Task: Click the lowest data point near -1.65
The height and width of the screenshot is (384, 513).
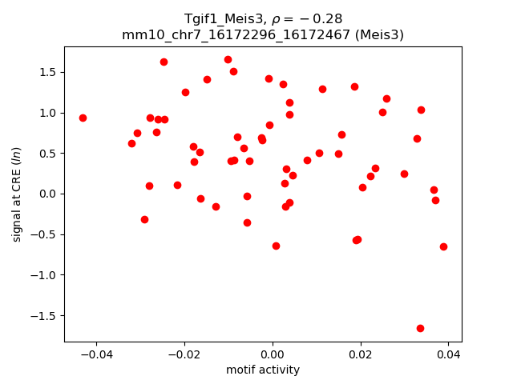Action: coord(420,328)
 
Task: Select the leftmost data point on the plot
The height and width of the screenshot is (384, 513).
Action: coord(83,118)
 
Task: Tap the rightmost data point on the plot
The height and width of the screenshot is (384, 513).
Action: coord(443,246)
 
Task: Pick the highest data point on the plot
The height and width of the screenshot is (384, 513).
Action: coord(228,59)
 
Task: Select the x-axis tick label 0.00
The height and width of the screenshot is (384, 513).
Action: coord(273,354)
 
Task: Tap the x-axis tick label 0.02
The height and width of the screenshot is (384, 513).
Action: coord(361,354)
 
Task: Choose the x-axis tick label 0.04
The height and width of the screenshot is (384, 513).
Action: coord(448,354)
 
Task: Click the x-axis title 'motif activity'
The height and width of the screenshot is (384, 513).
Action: coord(263,370)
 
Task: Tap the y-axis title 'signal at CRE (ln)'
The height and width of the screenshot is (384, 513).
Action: coord(17,194)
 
